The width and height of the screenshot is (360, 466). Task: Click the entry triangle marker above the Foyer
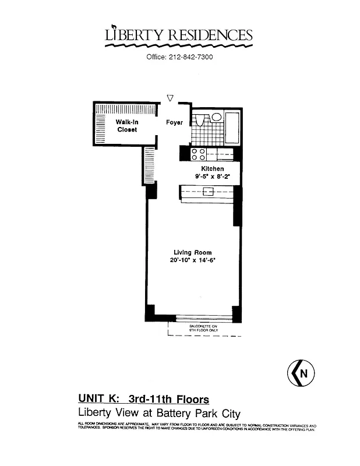point(170,98)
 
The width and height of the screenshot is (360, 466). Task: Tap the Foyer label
point(174,123)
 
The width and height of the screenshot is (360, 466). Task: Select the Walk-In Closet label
point(126,126)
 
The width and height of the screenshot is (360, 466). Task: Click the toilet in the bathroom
point(199,121)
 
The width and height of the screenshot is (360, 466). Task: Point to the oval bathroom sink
point(216,117)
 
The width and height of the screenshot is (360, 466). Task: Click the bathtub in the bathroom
point(232,127)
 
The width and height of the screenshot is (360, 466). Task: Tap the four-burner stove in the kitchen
point(198,154)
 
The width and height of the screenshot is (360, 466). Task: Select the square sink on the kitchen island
point(207,190)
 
